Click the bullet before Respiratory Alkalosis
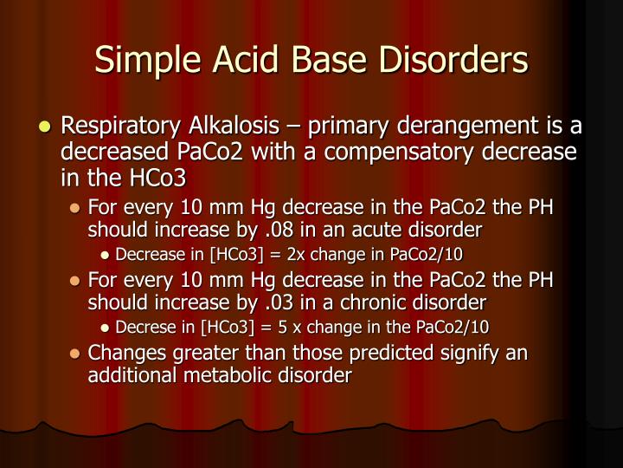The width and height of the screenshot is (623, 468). [x=46, y=128]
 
